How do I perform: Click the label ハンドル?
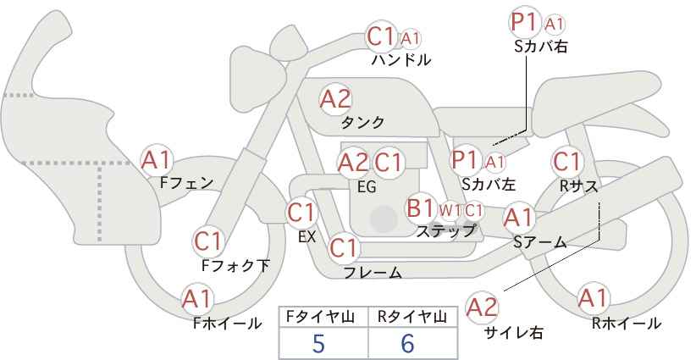click(x=400, y=59)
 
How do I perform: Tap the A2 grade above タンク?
click(x=335, y=99)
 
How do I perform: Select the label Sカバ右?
click(x=540, y=47)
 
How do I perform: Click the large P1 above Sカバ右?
click(x=525, y=23)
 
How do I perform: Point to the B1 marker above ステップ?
click(x=420, y=208)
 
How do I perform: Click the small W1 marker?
click(x=450, y=211)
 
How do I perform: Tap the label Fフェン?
click(x=186, y=183)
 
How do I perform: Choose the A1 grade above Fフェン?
click(x=156, y=160)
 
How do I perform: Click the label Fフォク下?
click(x=235, y=265)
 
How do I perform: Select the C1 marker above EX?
click(x=301, y=213)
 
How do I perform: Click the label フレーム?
click(x=373, y=273)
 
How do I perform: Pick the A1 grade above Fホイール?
click(x=197, y=299)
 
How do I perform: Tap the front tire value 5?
click(x=318, y=343)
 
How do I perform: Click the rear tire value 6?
click(x=407, y=343)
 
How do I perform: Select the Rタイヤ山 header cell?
click(x=412, y=317)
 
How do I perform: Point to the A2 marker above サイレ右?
click(x=482, y=307)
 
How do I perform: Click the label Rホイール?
click(x=626, y=324)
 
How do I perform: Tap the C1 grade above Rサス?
click(x=566, y=162)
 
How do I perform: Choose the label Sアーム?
click(x=539, y=241)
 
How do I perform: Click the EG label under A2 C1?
click(x=367, y=186)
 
